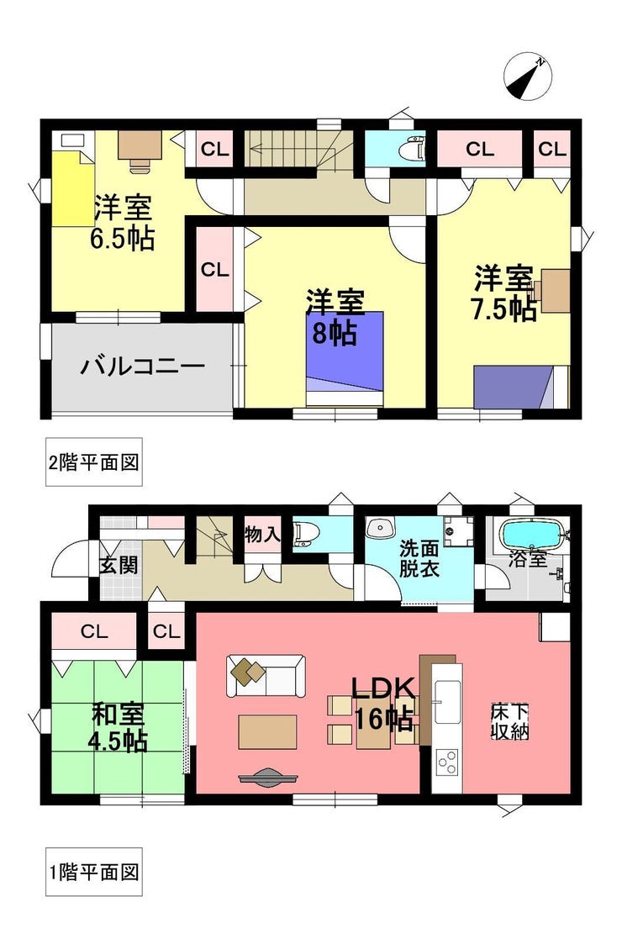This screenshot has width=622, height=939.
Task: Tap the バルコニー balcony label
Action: [143, 366]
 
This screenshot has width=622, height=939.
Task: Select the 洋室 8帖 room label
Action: [334, 318]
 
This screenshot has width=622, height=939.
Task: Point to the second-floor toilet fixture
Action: [412, 149]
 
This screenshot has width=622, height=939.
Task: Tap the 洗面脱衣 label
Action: [419, 557]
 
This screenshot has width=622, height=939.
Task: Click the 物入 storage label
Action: [262, 534]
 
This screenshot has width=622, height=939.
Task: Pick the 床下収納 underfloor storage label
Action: [509, 721]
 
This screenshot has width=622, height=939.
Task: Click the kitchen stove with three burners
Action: [446, 762]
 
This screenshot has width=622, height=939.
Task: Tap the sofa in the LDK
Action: [266, 677]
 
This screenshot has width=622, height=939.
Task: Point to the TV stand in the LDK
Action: [267, 778]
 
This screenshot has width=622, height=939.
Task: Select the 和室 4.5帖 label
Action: [118, 727]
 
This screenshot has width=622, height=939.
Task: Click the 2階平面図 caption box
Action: [94, 462]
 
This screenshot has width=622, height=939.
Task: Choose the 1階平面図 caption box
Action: [94, 872]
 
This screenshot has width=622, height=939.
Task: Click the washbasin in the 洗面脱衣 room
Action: [380, 528]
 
